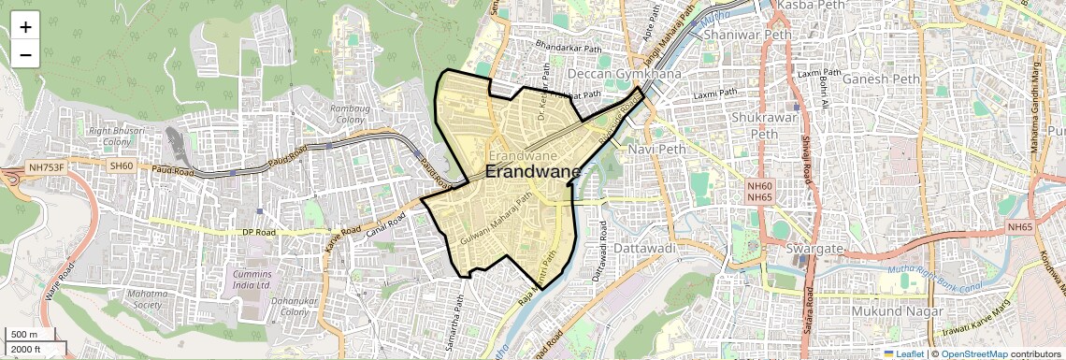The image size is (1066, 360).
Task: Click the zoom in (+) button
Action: click(x=25, y=27)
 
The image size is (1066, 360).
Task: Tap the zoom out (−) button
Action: click(x=25, y=54)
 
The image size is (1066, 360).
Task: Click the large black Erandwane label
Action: click(x=533, y=173)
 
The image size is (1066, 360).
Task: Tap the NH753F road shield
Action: click(x=46, y=167)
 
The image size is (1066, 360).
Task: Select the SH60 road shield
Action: click(x=122, y=166)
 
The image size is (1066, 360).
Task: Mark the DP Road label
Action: click(x=261, y=231)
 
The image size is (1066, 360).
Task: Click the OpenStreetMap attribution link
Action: click(x=973, y=354)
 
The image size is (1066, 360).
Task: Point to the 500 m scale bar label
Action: click(x=24, y=335)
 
